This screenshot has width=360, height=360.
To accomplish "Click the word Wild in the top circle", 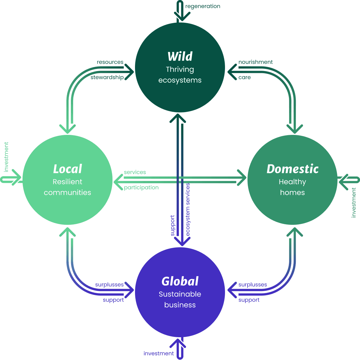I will point(180,56).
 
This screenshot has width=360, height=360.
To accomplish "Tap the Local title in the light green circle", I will point(67,169).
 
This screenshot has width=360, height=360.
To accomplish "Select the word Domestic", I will point(292,169).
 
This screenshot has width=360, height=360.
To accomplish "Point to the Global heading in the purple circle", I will point(180,281).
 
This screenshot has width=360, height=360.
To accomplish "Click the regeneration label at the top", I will point(203,6).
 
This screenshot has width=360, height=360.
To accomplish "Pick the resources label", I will point(110,62).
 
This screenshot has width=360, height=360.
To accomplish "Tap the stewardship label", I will point(107,77).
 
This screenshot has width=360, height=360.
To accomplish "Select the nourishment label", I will point(256,62).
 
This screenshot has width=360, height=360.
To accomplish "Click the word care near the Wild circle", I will point(244,77).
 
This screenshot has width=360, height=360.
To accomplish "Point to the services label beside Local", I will point(135,172).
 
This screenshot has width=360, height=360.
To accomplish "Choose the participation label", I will point(141,188).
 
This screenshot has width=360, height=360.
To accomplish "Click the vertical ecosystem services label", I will point(188,209).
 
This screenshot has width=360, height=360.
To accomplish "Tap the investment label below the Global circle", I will point(158,353).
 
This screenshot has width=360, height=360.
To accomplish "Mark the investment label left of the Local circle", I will point(6,157).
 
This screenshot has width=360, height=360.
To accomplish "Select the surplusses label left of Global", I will point(109,285).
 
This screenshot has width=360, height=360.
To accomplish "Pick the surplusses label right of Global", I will point(253,285).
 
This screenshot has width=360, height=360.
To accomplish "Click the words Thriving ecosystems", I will point(180,75).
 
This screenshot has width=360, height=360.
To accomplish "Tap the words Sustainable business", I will point(180,299).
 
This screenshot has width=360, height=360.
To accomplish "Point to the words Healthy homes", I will point(292,187).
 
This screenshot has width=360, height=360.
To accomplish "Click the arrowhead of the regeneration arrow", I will point(180,18).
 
